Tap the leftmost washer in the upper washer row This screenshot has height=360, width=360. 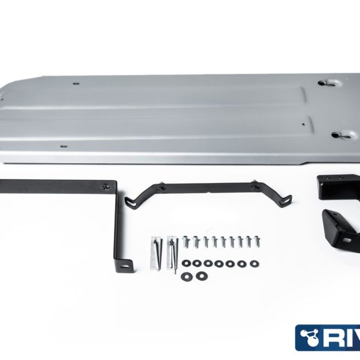pos(187,262)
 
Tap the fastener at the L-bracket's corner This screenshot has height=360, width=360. pos(107,185)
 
